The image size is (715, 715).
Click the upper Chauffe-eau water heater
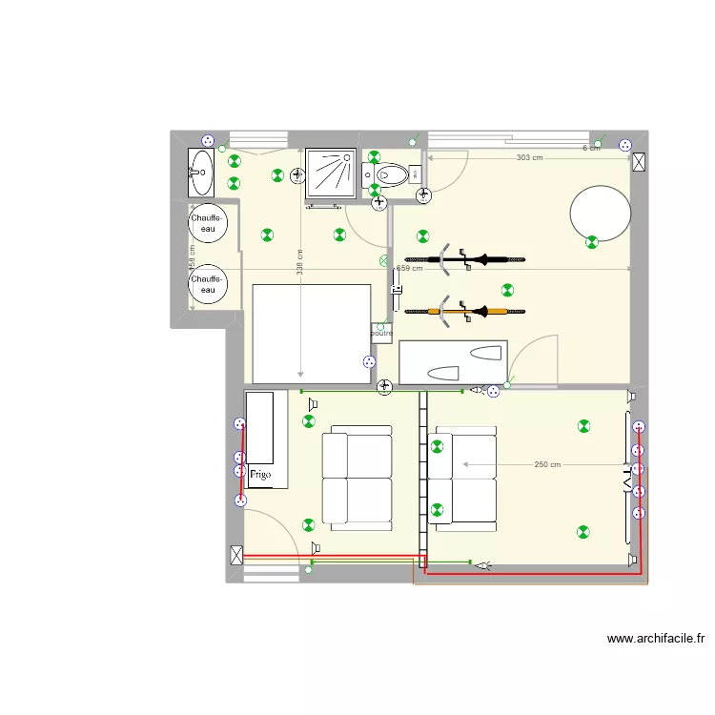pos(208,224)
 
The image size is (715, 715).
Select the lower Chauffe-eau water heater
pos(208,284)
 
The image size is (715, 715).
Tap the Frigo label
pos(260,473)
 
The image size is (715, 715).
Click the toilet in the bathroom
pos(392,174)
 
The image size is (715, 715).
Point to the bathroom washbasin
pos(201,173)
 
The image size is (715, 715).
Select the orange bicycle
pos(462,310)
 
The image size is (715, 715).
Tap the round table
pos(600,213)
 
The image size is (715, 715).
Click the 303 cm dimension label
pos(529,157)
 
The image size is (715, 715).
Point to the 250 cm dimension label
pos(547,464)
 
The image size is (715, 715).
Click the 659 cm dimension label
pos(409,269)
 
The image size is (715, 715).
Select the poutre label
pos(381,333)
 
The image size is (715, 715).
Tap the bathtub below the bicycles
pos(453,362)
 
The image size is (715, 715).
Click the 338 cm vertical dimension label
pos(300,262)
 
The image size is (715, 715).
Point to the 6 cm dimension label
pos(591,148)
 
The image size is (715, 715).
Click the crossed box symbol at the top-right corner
pos(639,161)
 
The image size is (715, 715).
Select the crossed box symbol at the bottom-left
pos(236,554)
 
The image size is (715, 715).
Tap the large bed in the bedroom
pos(310,334)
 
